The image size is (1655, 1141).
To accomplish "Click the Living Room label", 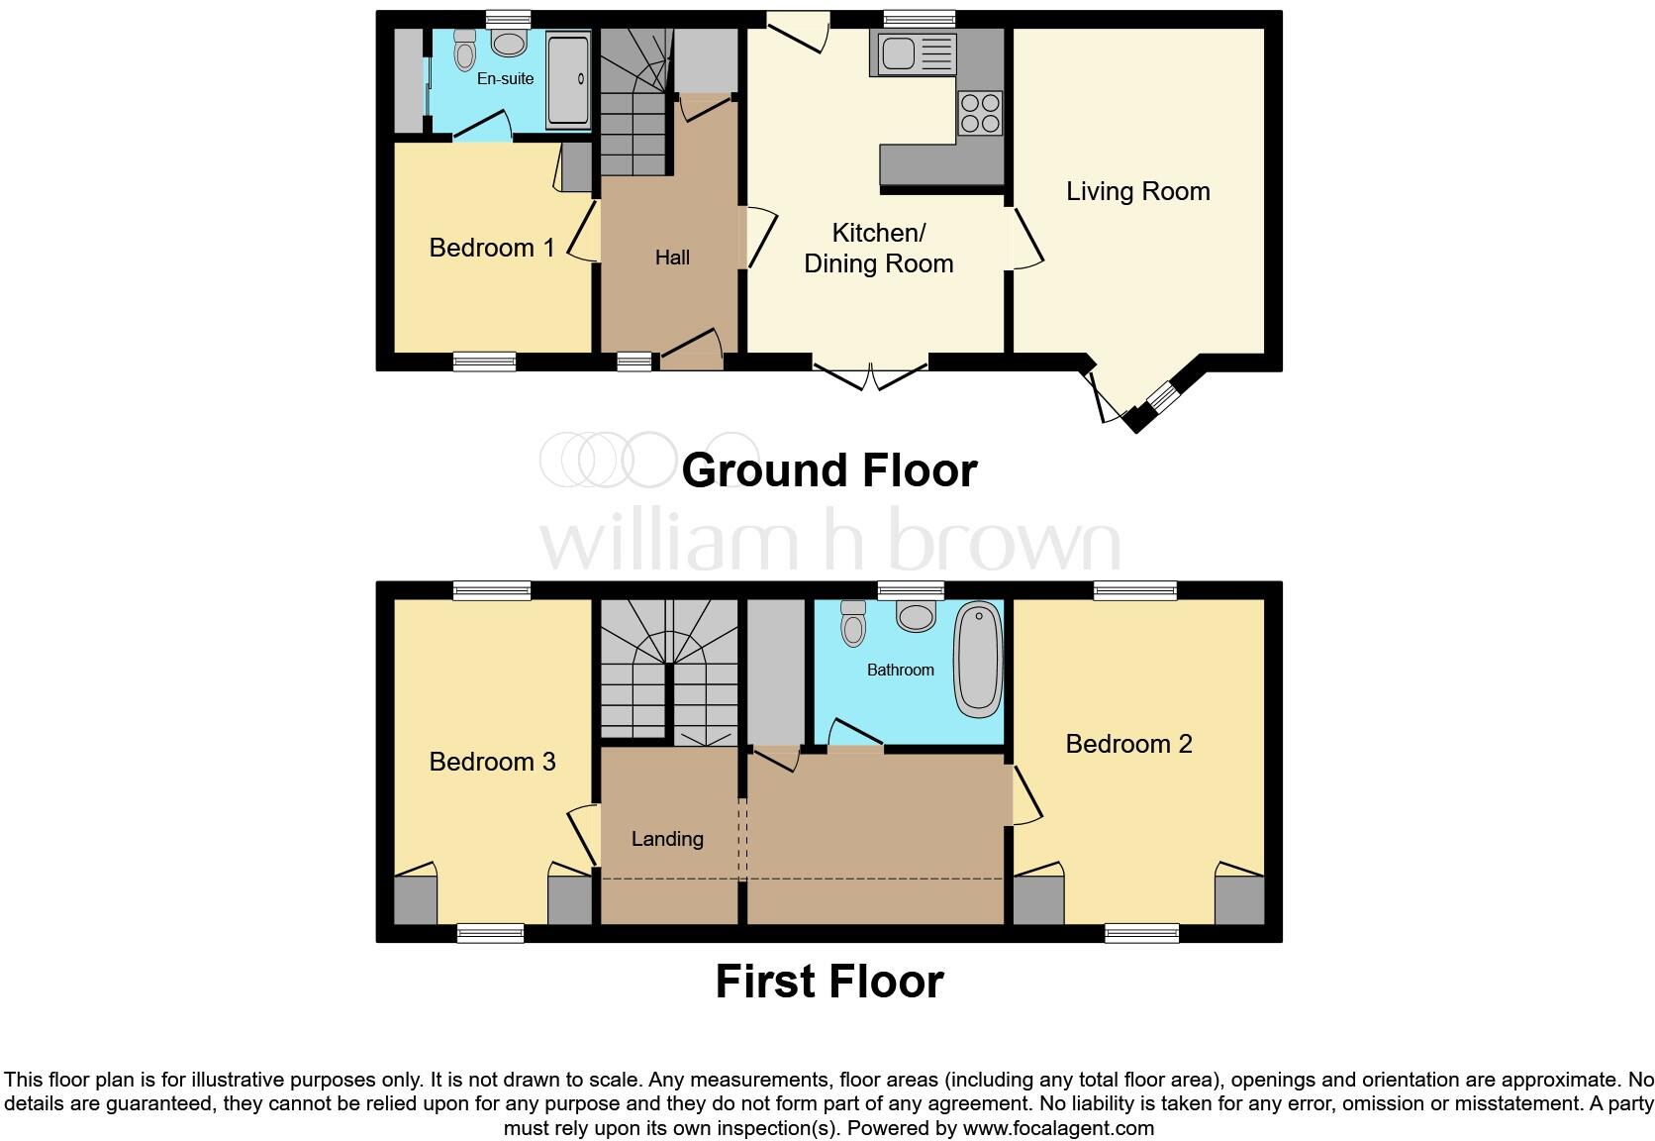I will click(x=1137, y=191).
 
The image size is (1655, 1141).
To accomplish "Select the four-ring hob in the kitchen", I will click(x=980, y=112).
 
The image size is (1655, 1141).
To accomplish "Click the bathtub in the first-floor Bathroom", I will click(x=979, y=660).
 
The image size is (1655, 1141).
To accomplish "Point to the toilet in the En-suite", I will click(x=464, y=48).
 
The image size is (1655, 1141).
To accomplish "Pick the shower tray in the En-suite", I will click(x=567, y=79).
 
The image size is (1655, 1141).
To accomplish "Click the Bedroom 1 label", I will click(x=491, y=248).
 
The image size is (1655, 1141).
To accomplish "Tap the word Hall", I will click(x=672, y=258).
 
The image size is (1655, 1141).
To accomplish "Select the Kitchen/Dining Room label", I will click(x=878, y=248).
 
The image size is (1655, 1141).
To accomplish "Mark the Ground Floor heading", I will click(x=828, y=469).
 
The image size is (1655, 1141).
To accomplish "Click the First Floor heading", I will click(x=828, y=981).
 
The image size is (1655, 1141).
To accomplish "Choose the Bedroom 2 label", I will click(x=1128, y=744).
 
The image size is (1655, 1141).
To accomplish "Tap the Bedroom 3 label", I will click(x=492, y=762).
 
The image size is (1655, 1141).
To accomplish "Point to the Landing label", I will click(x=667, y=839).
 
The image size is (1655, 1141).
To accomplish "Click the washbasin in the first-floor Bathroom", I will click(x=916, y=616).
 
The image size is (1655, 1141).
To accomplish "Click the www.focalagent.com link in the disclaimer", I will click(x=1058, y=1127).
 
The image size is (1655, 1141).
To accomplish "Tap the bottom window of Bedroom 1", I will click(x=484, y=362).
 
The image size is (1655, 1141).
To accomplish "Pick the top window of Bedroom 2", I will click(x=1135, y=590).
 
